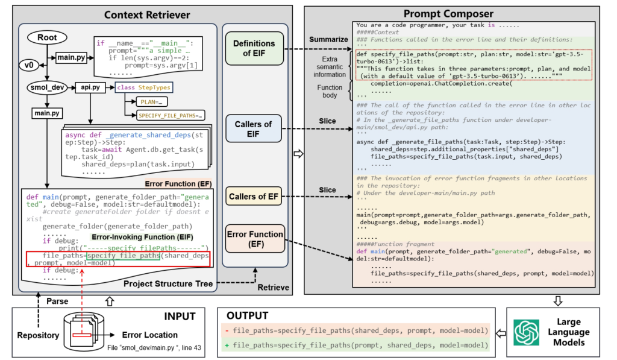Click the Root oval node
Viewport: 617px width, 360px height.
pos(48,37)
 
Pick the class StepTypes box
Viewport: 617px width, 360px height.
pos(143,87)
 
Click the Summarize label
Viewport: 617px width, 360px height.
pos(328,39)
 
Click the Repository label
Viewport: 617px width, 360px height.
pos(38,335)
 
